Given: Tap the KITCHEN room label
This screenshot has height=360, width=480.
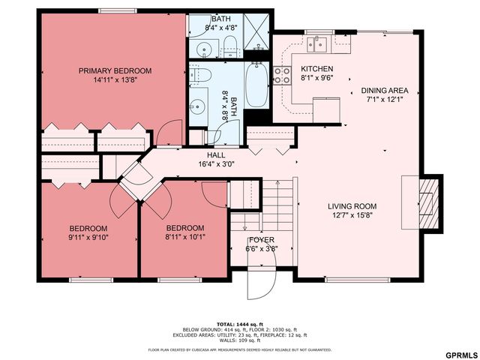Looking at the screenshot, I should [316, 69].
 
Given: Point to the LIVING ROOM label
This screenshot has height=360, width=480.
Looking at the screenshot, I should [352, 206].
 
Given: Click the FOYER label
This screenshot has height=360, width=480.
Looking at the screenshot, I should [262, 241].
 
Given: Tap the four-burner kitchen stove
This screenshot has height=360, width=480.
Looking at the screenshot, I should [283, 75].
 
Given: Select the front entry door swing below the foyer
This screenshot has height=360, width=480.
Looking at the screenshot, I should [262, 281].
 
